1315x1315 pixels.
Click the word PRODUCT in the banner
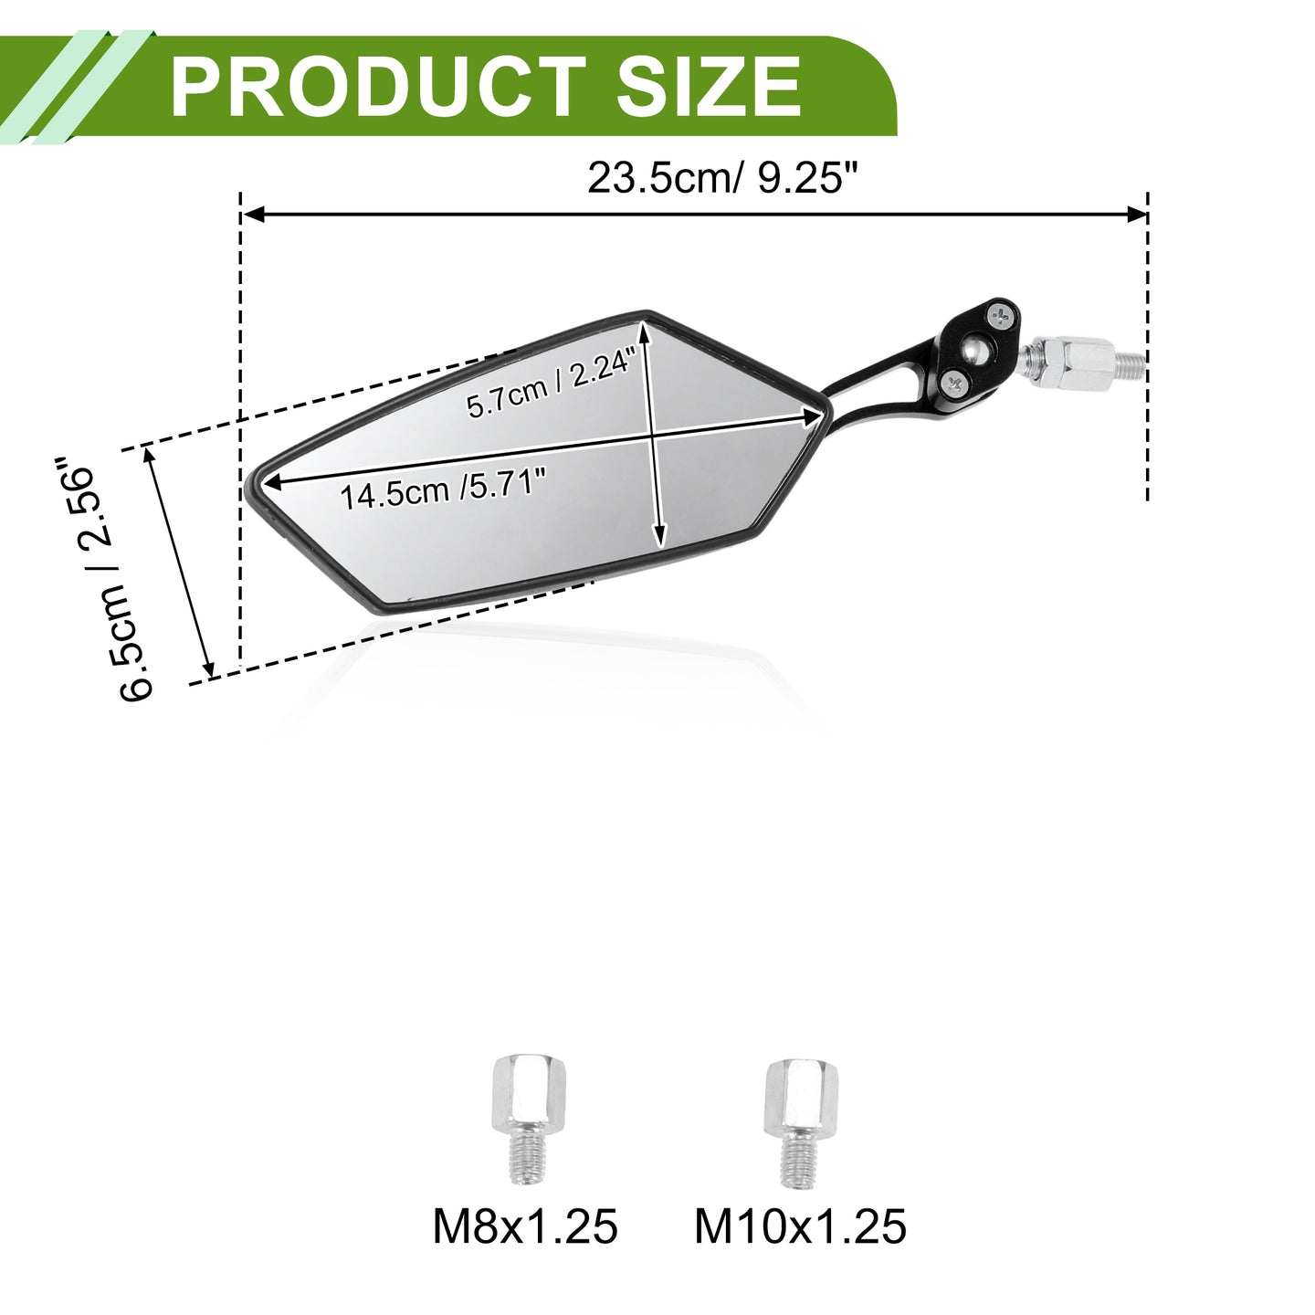[378, 87]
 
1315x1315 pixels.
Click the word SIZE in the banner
[710, 87]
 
